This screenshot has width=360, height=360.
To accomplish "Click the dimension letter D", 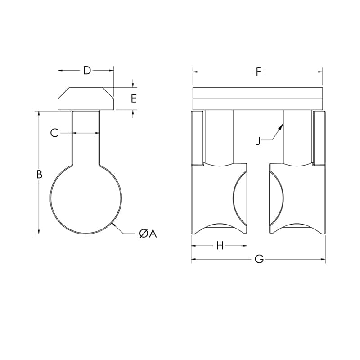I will (87, 70).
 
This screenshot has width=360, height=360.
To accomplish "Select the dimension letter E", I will (134, 99).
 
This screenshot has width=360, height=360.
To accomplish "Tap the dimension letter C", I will (54, 133).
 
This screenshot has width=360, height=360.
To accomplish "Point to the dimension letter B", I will (39, 175).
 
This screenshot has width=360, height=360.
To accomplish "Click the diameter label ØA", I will (148, 234).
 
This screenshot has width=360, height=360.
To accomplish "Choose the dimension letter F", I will (258, 72).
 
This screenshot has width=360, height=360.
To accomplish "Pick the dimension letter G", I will (259, 260).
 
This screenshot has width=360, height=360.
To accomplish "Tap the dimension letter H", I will (220, 246).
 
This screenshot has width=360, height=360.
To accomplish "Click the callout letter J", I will (258, 141).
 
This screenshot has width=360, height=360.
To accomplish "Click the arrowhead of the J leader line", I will (282, 126).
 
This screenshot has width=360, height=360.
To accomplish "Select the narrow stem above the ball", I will (85, 137).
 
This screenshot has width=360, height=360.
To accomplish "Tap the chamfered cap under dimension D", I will (85, 99).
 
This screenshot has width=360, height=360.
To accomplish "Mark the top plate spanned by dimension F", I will (258, 98).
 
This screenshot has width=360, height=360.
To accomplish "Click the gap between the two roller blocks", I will (258, 198).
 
